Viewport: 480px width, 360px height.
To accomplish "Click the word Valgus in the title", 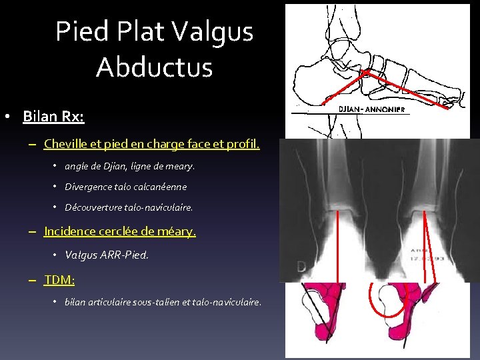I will tap(213, 31).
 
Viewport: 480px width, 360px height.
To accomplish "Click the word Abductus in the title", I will tap(154, 67).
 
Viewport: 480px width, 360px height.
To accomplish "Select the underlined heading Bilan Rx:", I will tap(53, 117).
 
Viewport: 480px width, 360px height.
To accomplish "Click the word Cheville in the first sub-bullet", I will tap(67, 143).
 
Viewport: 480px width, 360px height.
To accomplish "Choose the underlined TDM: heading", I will tap(59, 279).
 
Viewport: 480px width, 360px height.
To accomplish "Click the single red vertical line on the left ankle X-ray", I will tap(337, 247).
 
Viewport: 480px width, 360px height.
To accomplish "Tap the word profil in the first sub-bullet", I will tap(243, 143).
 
